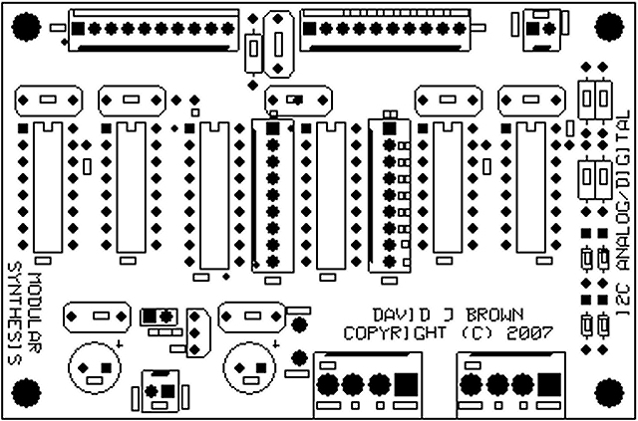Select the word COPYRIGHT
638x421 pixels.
392,332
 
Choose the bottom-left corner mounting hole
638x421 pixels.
27,392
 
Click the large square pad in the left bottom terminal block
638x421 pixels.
405,383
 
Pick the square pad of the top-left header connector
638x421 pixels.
76,30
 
